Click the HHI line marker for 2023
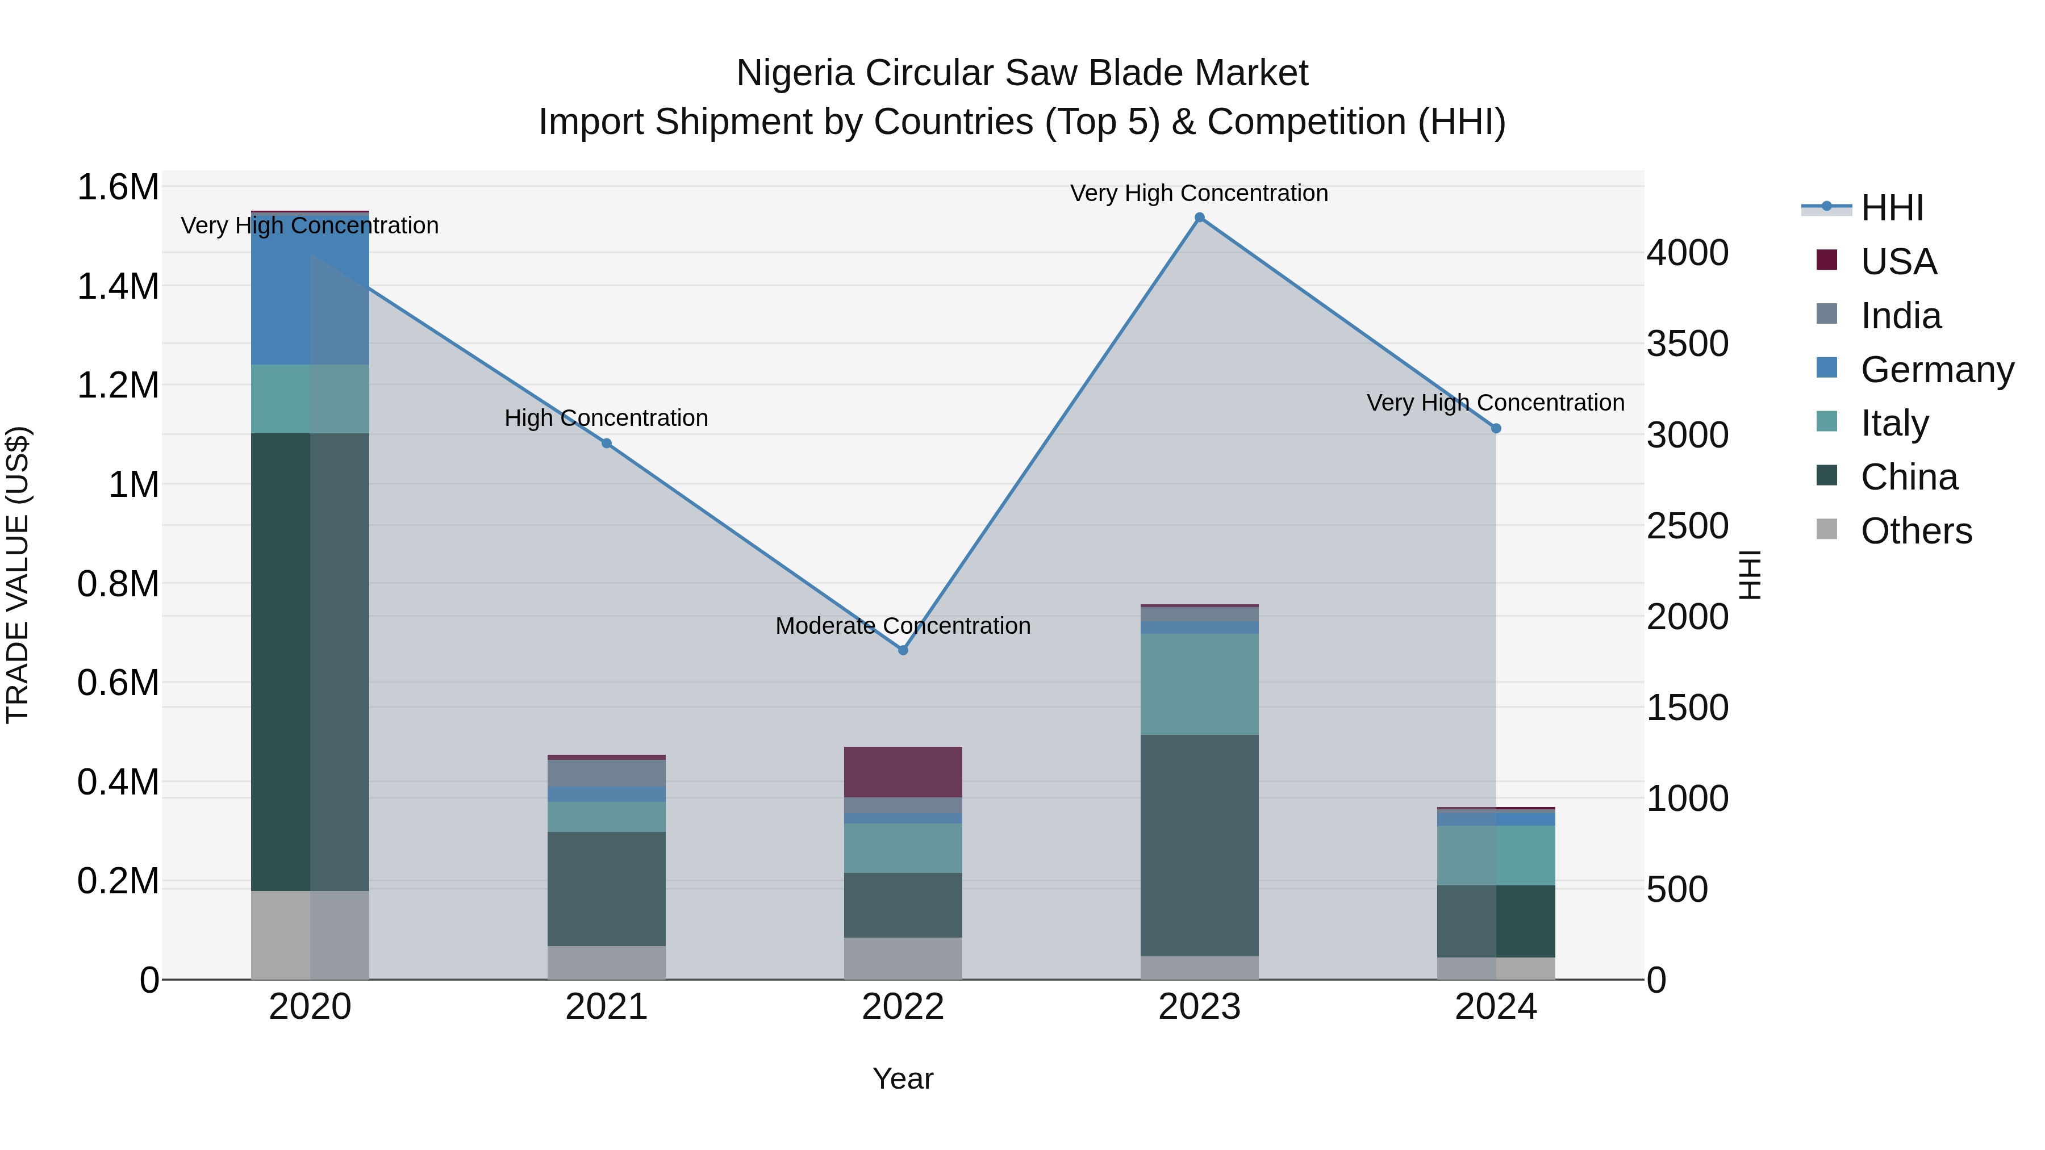(x=1200, y=218)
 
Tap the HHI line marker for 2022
(x=903, y=650)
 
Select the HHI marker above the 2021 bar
(x=607, y=444)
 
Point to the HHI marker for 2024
(x=1496, y=429)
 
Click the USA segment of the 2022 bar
(x=903, y=771)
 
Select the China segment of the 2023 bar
(x=1200, y=845)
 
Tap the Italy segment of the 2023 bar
(x=1200, y=684)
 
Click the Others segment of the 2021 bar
(x=607, y=963)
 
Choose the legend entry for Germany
(x=1937, y=370)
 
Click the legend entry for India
(x=1901, y=316)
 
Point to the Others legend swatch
(x=1827, y=529)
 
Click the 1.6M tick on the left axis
(x=118, y=188)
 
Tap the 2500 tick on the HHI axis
(x=1687, y=526)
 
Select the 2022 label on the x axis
(x=903, y=1007)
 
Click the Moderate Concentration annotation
(x=903, y=626)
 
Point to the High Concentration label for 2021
(x=607, y=418)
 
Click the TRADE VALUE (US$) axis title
(x=18, y=575)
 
